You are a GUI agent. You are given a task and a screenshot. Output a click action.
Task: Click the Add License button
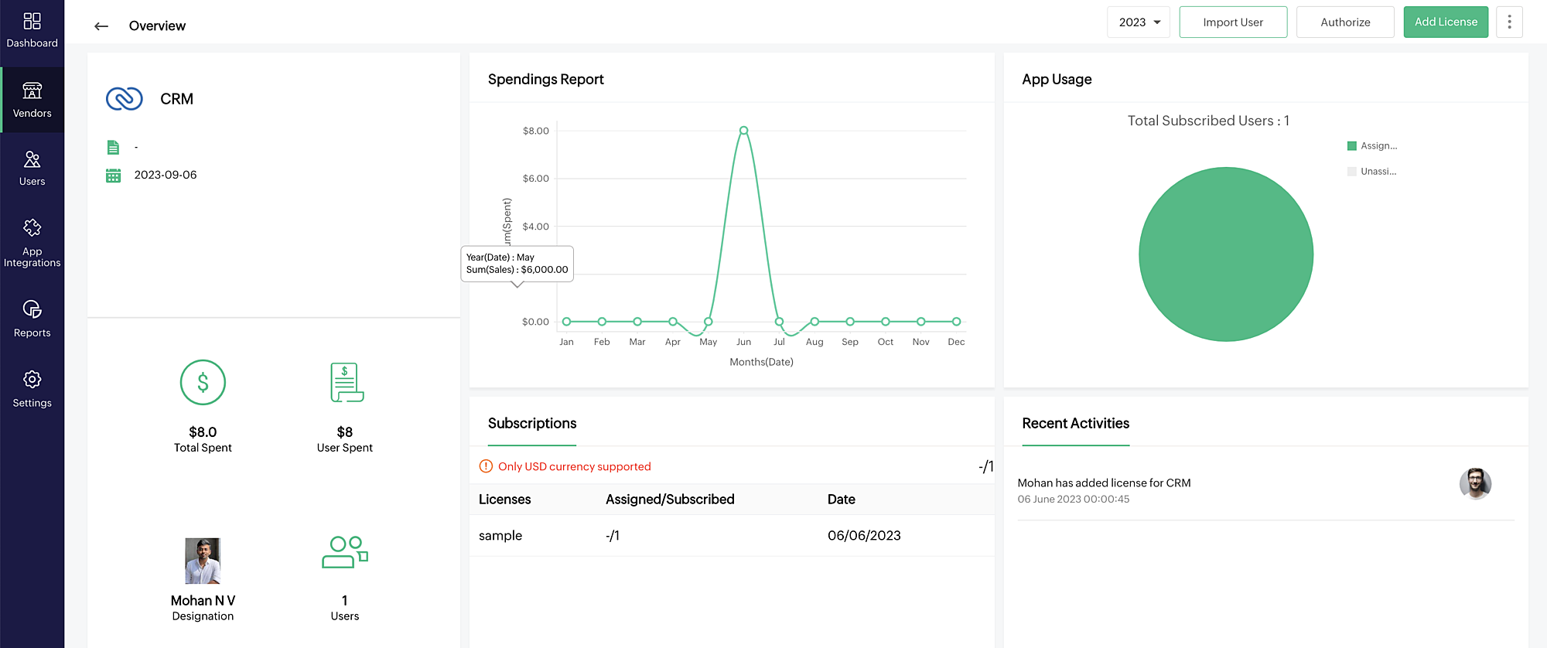[x=1446, y=22]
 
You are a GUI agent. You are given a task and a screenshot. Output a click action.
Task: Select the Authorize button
[x=1345, y=22]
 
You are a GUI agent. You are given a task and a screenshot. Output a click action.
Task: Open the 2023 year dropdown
[x=1139, y=22]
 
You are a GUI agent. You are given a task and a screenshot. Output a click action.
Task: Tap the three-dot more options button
[x=1509, y=22]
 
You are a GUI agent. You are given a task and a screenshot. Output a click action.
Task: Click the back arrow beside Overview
[x=101, y=26]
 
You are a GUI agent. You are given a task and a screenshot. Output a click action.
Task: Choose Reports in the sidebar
[x=32, y=319]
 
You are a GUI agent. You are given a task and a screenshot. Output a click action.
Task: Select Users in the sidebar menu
[x=32, y=168]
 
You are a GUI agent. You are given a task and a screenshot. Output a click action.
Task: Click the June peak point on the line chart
[x=743, y=131]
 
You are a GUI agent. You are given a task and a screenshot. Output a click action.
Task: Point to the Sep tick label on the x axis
[x=850, y=342]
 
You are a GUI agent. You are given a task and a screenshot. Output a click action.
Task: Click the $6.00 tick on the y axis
[x=535, y=179]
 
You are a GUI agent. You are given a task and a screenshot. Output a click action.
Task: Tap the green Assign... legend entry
[x=1372, y=146]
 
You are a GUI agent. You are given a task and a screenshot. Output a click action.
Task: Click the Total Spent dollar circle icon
[x=203, y=383]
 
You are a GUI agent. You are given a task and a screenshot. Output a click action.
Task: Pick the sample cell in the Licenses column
[x=500, y=536]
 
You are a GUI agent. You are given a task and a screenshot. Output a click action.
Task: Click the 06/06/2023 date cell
[x=864, y=536]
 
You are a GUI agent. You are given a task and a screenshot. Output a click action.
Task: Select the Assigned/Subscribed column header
[x=670, y=500]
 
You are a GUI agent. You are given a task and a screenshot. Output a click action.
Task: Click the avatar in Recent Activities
[x=1475, y=484]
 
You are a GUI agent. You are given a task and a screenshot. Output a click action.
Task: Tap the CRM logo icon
[x=125, y=99]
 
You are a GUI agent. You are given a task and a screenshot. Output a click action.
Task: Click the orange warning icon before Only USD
[x=486, y=466]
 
